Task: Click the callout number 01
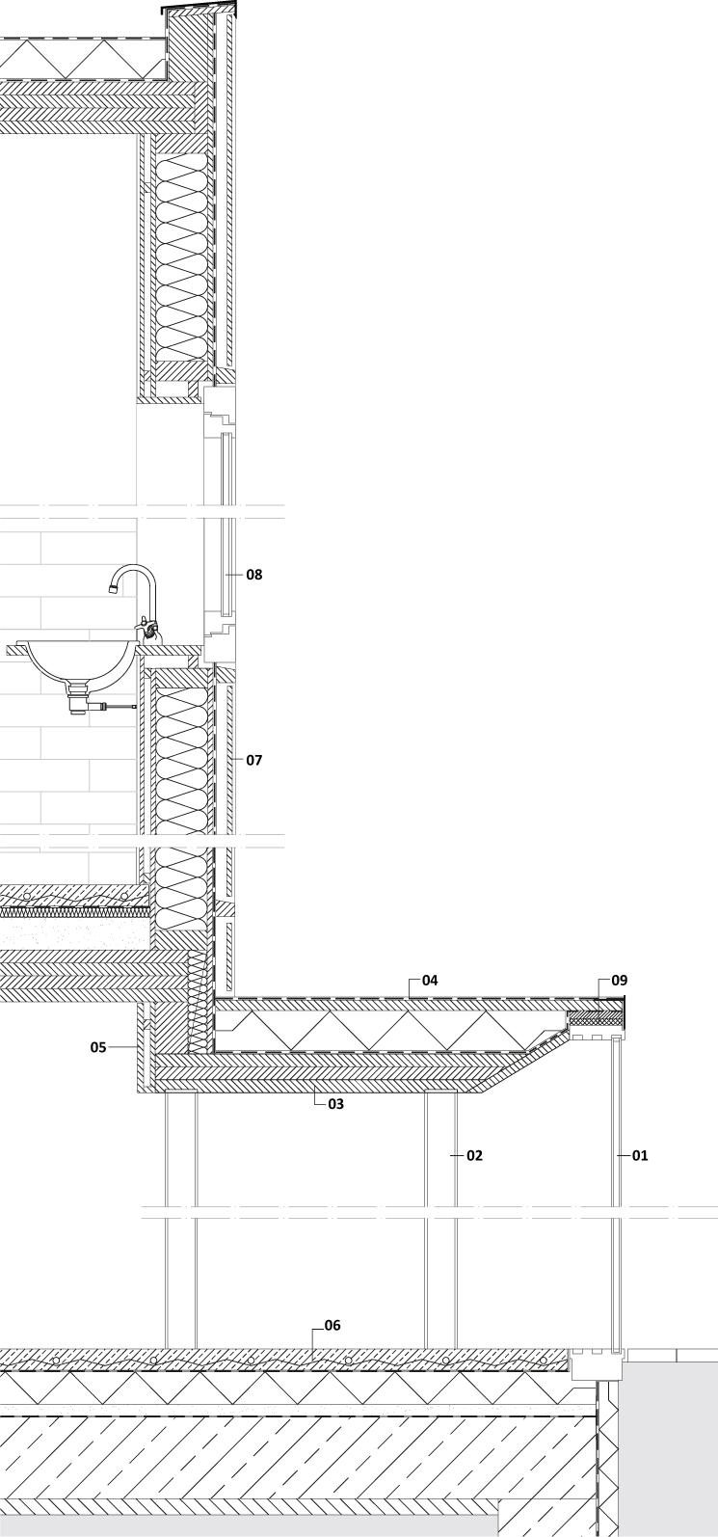[x=640, y=1155]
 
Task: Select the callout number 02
[x=474, y=1155]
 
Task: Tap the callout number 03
[x=335, y=1104]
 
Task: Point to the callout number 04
[x=430, y=981]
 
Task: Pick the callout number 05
[x=98, y=1047]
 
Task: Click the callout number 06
[x=332, y=1326]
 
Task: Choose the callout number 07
[x=253, y=760]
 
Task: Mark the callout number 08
[x=253, y=575]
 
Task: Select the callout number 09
[x=619, y=981]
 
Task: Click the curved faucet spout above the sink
[x=135, y=571]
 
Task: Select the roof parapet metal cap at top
[x=199, y=9]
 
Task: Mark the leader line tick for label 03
[x=315, y=1098]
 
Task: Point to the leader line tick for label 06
[x=313, y=1339]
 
